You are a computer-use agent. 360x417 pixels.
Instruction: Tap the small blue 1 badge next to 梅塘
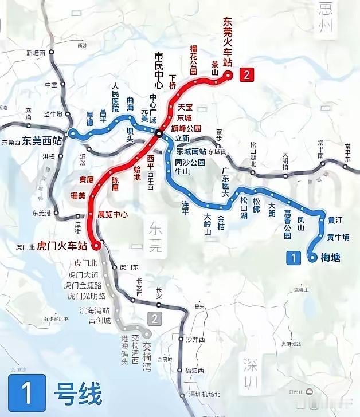pyautogui.click(x=293, y=258)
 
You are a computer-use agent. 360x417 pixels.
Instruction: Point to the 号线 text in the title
pyautogui.click(x=77, y=395)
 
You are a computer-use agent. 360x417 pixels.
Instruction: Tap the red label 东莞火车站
pyautogui.click(x=229, y=39)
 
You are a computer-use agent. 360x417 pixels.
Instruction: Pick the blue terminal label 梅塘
pyautogui.click(x=330, y=258)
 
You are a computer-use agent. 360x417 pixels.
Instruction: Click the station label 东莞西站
pyautogui.click(x=42, y=143)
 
